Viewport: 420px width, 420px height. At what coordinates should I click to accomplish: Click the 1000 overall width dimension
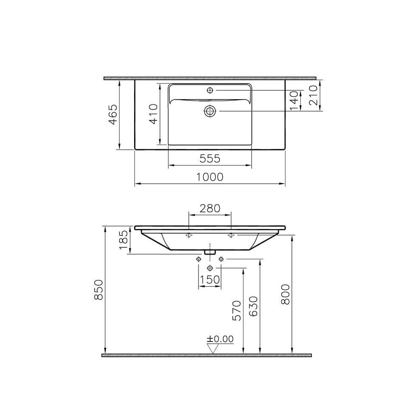pos(210,177)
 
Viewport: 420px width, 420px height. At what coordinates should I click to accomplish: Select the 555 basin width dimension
pos(210,159)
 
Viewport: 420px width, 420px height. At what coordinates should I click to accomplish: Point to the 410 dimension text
pos(154,114)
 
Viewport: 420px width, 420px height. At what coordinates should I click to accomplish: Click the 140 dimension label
pos(294,101)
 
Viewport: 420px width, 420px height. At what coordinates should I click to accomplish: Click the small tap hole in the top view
pos(210,90)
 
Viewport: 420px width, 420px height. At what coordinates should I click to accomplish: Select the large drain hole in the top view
pos(210,111)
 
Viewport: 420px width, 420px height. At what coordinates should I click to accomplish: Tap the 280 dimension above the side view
pos(210,208)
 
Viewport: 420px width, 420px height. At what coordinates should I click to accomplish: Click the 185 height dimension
pos(123,240)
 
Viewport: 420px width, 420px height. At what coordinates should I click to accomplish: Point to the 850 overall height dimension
pos(98,290)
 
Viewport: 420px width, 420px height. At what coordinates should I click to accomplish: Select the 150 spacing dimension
pos(210,280)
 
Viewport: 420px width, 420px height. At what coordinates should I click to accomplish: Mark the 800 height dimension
pos(286,294)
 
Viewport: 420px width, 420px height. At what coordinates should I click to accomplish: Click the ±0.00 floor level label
pos(220,339)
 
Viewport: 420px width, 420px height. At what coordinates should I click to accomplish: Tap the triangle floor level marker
pos(212,348)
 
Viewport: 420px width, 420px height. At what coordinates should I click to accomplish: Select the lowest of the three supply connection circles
pos(210,268)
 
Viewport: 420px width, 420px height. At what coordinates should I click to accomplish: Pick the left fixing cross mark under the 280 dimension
pos(189,235)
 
